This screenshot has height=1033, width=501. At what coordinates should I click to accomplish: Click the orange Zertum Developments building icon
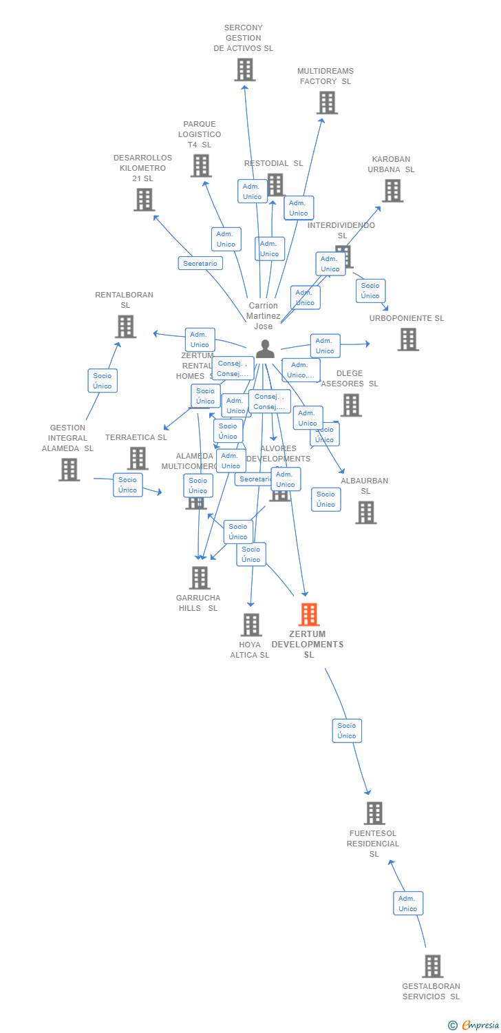click(x=309, y=614)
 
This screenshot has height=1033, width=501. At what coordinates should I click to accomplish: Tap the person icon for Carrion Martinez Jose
click(x=265, y=349)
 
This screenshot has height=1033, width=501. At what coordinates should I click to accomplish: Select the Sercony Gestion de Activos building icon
click(x=244, y=70)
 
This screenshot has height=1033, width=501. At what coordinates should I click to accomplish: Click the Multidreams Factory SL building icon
click(x=326, y=103)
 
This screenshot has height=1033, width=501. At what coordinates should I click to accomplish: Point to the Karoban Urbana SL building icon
click(x=392, y=191)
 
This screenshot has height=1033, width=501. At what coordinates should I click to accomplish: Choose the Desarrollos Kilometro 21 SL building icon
click(x=144, y=200)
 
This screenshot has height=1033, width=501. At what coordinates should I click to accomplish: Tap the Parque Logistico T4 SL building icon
click(x=200, y=166)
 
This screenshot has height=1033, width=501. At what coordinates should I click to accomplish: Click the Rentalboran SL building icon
click(x=125, y=326)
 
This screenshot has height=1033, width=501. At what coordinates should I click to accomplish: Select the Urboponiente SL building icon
click(x=407, y=340)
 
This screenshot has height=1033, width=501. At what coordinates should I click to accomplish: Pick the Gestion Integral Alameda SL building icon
click(x=69, y=470)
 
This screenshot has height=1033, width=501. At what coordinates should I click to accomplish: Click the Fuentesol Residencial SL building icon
click(x=374, y=813)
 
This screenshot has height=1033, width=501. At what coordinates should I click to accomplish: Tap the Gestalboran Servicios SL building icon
click(x=432, y=966)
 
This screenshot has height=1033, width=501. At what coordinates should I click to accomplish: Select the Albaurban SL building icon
click(x=365, y=512)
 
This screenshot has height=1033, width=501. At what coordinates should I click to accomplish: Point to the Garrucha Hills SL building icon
click(x=200, y=578)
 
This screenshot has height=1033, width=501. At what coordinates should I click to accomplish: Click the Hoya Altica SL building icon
click(x=251, y=625)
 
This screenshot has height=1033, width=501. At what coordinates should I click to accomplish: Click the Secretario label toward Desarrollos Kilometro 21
click(x=200, y=263)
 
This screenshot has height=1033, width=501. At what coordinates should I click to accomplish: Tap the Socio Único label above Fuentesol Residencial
click(x=347, y=730)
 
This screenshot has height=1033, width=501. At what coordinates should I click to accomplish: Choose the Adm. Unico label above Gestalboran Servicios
click(x=408, y=903)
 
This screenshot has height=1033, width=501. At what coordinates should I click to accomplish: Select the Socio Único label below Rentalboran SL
click(x=103, y=381)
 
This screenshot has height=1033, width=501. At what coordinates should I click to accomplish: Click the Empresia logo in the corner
click(x=474, y=1025)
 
